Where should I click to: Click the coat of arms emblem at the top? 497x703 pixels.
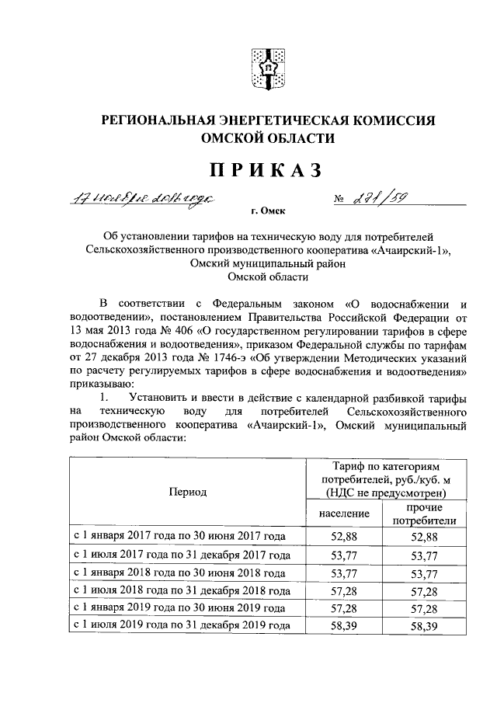(x=265, y=68)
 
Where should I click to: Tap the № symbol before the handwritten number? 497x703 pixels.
(x=339, y=199)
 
